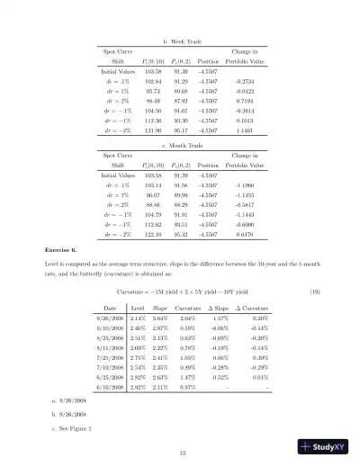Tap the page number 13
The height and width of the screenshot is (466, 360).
(182, 452)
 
